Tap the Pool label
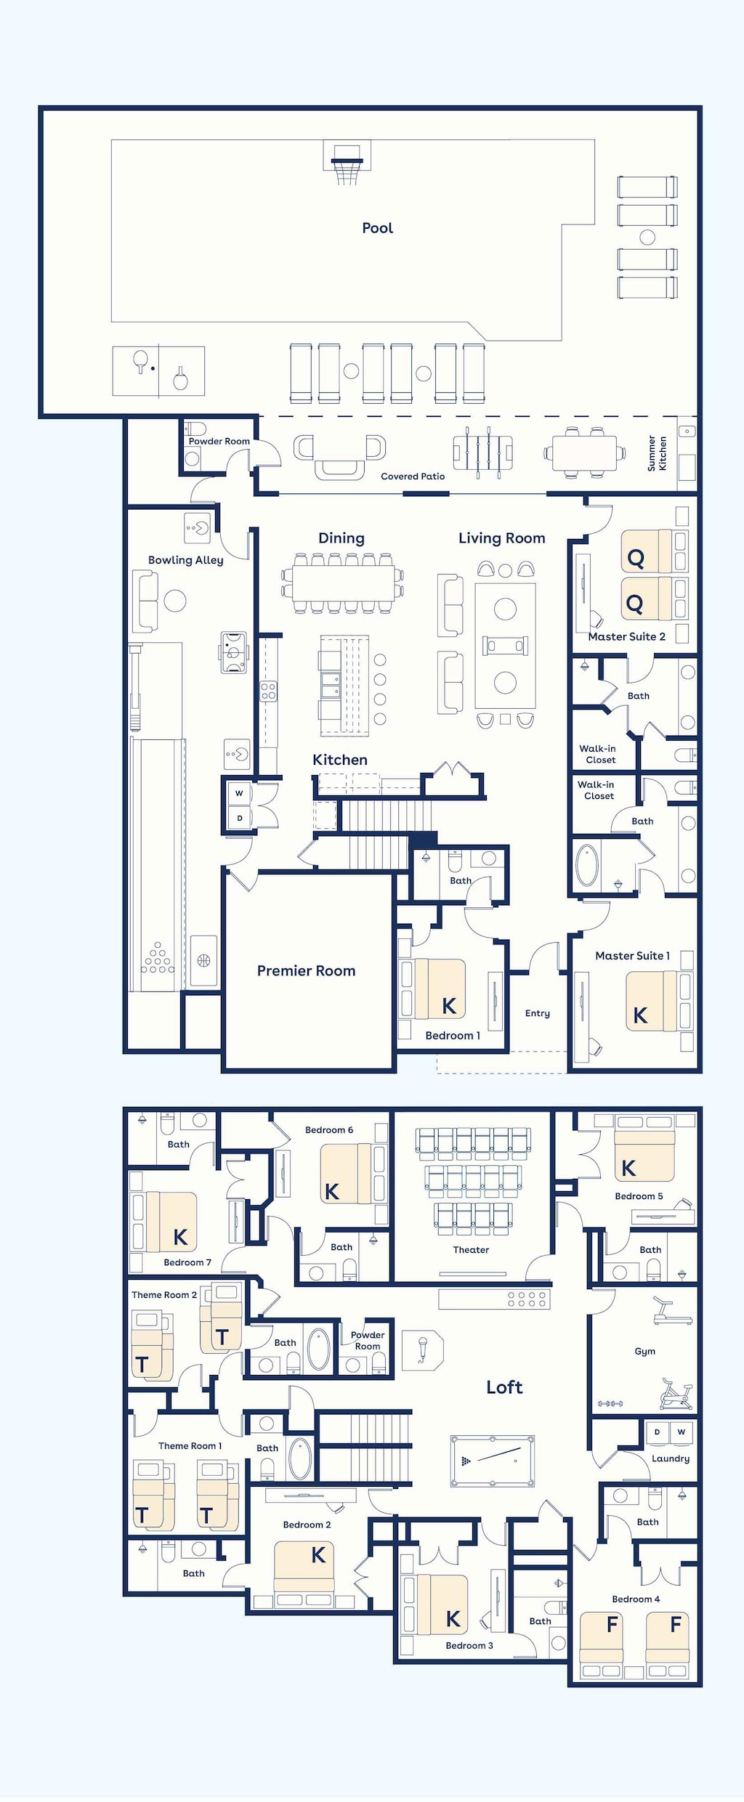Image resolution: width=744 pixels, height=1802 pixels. [377, 228]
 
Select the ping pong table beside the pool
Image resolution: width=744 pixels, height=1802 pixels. [158, 371]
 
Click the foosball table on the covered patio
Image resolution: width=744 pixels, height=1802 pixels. [482, 452]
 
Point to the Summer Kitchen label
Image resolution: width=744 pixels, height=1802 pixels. [657, 454]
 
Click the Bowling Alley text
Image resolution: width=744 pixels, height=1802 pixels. [185, 560]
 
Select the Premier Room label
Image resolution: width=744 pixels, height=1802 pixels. [306, 971]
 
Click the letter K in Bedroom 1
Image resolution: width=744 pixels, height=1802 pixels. [449, 1006]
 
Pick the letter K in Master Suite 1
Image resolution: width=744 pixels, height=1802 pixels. [640, 1015]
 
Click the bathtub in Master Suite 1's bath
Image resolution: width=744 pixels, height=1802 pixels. [586, 864]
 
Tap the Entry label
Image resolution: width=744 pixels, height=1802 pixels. [537, 1013]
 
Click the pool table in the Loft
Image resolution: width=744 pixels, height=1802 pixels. [493, 1461]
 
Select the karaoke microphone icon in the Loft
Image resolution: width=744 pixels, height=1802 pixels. [422, 1350]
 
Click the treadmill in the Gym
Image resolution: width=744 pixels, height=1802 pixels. [671, 1312]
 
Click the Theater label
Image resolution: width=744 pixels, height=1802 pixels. [471, 1250]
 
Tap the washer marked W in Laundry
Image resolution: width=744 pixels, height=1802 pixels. [681, 1432]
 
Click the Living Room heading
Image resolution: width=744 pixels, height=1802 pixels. [501, 538]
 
